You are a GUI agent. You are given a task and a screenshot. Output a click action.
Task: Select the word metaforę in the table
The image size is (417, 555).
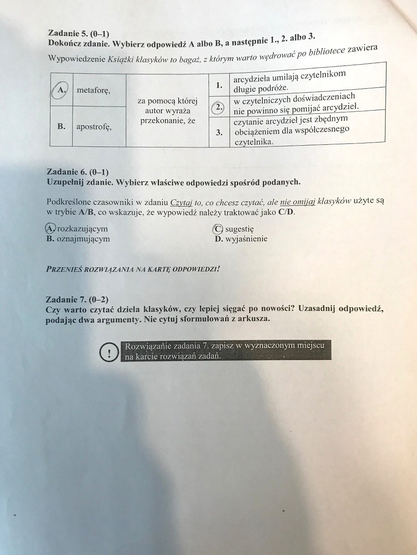(x=93, y=91)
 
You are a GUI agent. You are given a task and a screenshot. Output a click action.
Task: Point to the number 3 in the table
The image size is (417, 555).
(x=219, y=132)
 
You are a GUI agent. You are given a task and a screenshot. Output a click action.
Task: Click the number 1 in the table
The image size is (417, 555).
(x=219, y=84)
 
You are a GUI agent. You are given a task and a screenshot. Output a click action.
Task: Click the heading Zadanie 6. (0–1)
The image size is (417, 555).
(x=77, y=172)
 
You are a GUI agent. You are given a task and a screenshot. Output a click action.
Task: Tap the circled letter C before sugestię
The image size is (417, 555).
(x=218, y=229)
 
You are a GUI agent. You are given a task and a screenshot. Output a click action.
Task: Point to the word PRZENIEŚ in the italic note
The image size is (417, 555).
(x=62, y=269)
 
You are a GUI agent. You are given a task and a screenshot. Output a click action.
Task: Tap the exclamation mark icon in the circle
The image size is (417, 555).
(x=109, y=352)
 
